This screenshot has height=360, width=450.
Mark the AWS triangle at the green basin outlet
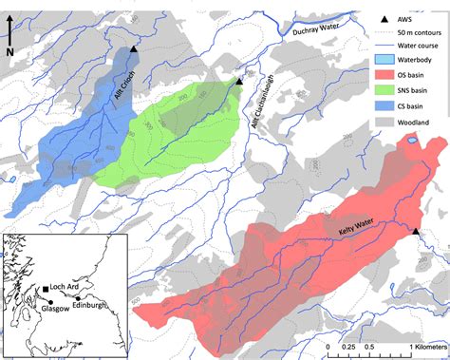pos(239,83)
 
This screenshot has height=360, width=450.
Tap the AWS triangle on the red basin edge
pos(415,231)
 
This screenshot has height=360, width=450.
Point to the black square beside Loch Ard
pos(45,288)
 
